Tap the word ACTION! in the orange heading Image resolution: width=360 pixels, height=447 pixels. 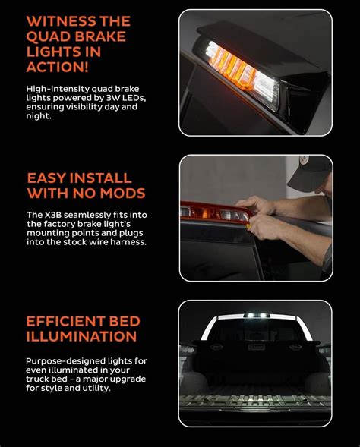pyautogui.click(x=58, y=68)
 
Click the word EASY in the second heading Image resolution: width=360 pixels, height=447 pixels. pyautogui.click(x=46, y=178)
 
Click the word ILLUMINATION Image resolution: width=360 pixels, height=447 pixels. pyautogui.click(x=81, y=336)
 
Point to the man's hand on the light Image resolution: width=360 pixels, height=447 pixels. pyautogui.click(x=262, y=209)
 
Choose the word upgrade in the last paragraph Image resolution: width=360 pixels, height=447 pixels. pyautogui.click(x=126, y=379)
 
